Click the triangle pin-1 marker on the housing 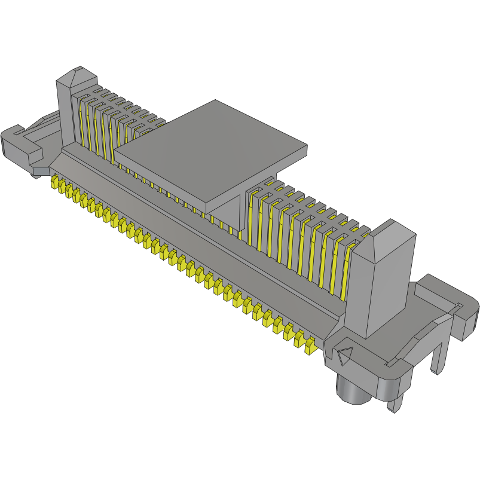[x=344, y=357]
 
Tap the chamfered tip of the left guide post [x=77, y=78]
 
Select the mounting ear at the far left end [x=21, y=146]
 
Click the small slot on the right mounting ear [x=459, y=307]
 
